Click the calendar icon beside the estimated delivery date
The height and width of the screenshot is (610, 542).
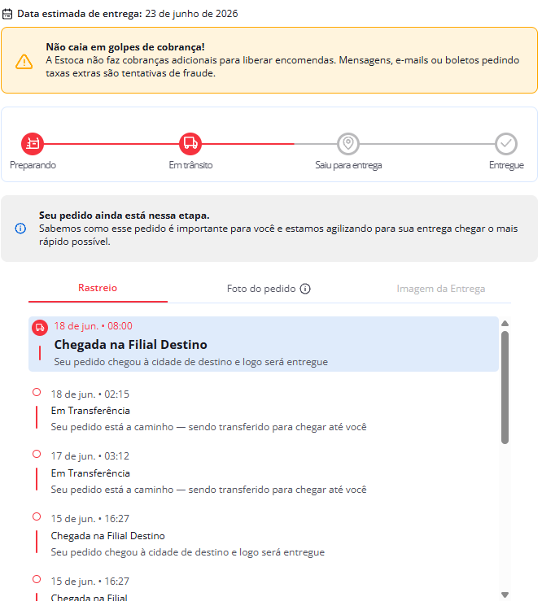(x=7, y=14)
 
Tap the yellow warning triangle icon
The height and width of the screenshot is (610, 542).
(x=24, y=62)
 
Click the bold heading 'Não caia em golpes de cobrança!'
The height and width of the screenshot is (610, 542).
(x=125, y=47)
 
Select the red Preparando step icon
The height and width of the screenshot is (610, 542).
(x=33, y=143)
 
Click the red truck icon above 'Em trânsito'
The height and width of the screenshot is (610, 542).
(x=190, y=143)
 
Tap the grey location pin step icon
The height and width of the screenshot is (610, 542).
(x=348, y=143)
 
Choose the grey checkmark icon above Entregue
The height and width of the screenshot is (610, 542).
(x=506, y=143)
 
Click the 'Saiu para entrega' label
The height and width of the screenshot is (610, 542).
(x=348, y=165)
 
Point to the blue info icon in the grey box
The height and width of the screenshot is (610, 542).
(x=20, y=229)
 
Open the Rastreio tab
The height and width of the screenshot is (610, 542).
(x=98, y=288)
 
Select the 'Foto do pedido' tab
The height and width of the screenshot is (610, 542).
(x=261, y=289)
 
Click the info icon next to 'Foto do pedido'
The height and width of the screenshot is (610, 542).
(x=305, y=289)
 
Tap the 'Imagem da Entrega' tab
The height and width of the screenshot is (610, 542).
(x=441, y=289)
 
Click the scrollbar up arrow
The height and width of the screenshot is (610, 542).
(x=505, y=323)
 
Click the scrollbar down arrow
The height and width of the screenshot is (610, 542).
(x=505, y=595)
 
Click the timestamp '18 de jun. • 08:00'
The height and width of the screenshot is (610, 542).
(x=93, y=326)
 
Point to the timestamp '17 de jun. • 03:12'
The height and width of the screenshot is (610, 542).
(x=90, y=456)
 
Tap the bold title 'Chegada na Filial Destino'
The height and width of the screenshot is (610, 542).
(x=130, y=345)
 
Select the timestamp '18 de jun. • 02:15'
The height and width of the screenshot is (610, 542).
(x=90, y=394)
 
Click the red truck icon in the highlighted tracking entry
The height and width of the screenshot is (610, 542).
(x=40, y=328)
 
